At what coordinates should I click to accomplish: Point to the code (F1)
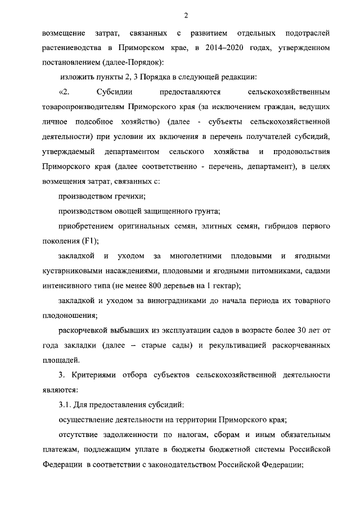click(x=90, y=241)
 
